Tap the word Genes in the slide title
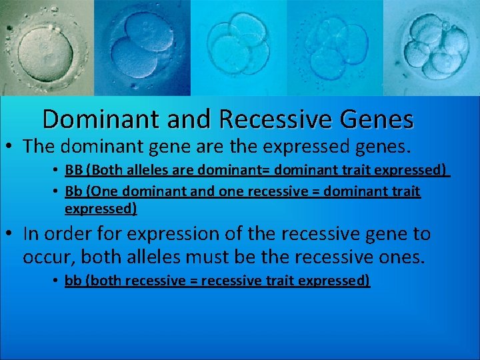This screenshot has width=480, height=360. (376, 119)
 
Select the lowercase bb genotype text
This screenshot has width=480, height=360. (73, 281)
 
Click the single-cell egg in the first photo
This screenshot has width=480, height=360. (44, 50)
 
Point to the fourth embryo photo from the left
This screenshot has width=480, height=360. (333, 47)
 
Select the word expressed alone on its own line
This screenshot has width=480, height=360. (101, 209)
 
